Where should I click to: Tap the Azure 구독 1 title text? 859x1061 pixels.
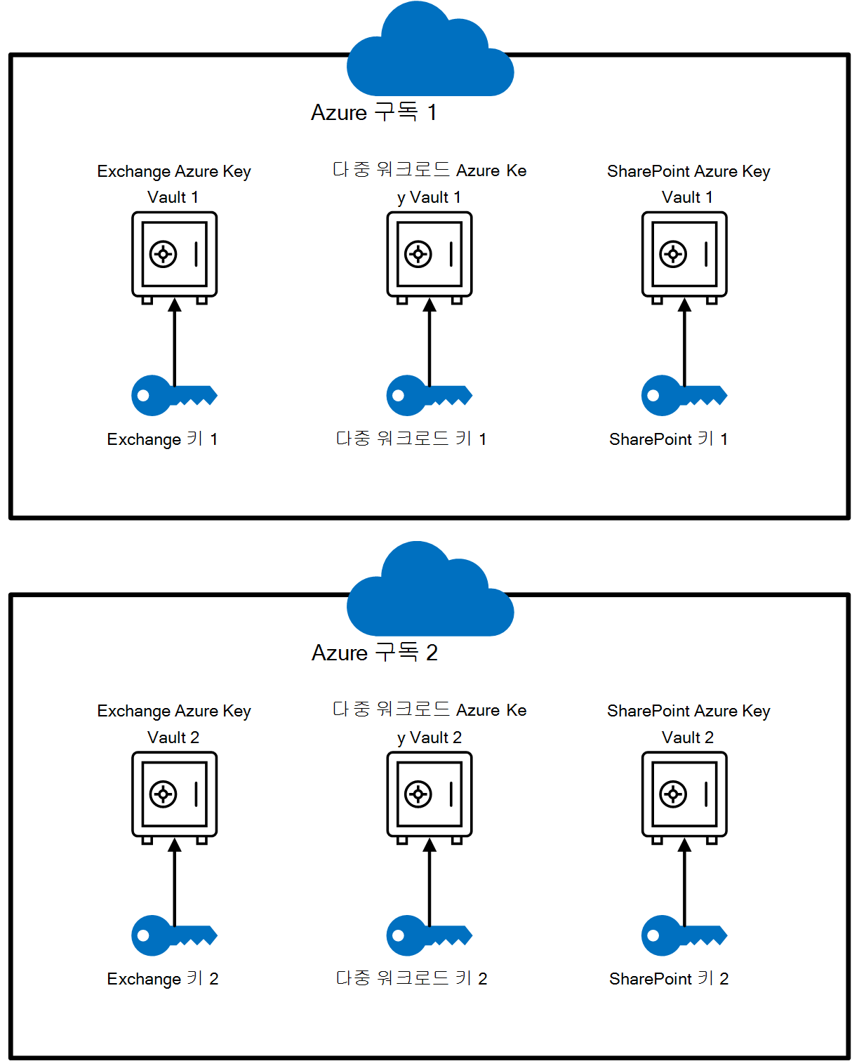click(374, 112)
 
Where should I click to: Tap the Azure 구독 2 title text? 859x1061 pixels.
click(375, 653)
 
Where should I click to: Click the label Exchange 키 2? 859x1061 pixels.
click(163, 979)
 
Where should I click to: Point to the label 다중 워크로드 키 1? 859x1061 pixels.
click(411, 439)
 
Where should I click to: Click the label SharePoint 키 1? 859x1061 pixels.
click(669, 439)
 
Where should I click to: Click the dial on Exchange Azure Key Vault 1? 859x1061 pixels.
click(164, 254)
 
